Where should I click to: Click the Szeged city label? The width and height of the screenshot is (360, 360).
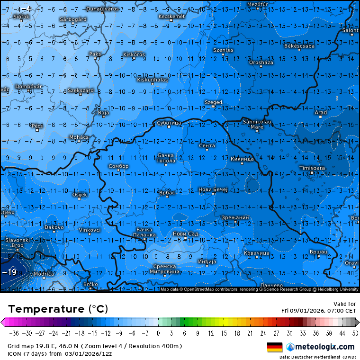(x=213, y=102)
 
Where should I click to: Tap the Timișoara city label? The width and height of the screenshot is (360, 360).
(x=312, y=168)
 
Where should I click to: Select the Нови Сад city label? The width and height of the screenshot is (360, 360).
(x=185, y=234)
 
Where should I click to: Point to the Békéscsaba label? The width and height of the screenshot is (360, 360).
(x=299, y=46)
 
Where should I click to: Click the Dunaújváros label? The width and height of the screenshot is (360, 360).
(x=102, y=9)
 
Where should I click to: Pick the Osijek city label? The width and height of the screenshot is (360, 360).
(x=79, y=195)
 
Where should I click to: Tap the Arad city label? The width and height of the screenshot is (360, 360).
(x=321, y=112)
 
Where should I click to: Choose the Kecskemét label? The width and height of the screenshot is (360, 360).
(x=171, y=16)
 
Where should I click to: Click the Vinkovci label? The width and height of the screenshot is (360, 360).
(x=90, y=230)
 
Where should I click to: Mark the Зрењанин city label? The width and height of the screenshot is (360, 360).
(x=235, y=217)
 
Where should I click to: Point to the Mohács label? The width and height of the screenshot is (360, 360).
(x=79, y=137)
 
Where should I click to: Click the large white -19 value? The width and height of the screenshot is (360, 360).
(x=9, y=272)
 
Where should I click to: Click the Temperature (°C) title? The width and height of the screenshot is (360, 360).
(x=58, y=309)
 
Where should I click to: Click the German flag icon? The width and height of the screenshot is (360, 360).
(x=275, y=347)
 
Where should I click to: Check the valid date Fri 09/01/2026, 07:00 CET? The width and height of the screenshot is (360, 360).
(x=318, y=311)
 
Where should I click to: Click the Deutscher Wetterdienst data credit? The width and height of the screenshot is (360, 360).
(x=317, y=357)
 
